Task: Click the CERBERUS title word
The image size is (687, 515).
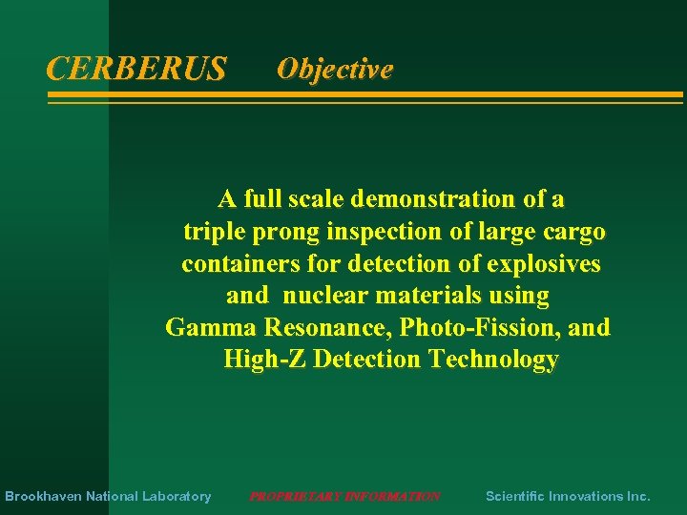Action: [x=136, y=69]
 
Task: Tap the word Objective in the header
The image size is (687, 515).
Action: [x=334, y=69]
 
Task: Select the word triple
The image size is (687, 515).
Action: [x=211, y=232]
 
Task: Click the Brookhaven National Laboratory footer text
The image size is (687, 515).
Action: [x=108, y=496]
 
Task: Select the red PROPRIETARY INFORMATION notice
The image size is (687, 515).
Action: [x=344, y=496]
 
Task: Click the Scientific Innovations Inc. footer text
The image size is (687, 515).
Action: [x=568, y=496]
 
